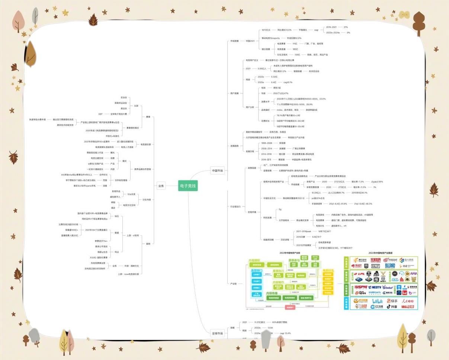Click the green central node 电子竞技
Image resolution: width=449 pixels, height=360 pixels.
[187, 186]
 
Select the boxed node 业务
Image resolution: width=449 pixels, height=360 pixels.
[161, 186]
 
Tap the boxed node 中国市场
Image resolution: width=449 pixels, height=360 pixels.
[217, 171]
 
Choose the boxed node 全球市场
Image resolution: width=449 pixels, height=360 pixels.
[217, 333]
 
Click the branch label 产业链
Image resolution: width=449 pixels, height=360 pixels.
[233, 284]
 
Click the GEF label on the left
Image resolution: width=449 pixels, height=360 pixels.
[100, 114]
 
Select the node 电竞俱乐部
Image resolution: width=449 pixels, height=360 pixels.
[145, 144]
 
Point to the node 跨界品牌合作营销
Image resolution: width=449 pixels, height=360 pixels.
[142, 169]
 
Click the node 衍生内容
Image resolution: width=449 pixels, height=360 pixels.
[147, 200]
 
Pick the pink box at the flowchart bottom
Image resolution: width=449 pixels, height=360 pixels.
[290, 308]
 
